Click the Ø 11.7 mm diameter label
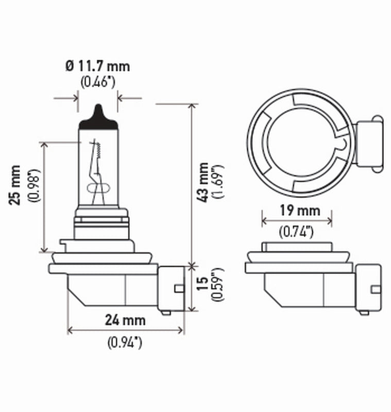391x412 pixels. pyautogui.click(x=97, y=66)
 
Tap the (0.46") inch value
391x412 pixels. pyautogui.click(x=97, y=81)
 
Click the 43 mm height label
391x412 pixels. pyautogui.click(x=204, y=181)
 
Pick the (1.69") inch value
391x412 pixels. pyautogui.click(x=218, y=181)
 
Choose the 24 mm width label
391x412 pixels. pyautogui.click(x=125, y=320)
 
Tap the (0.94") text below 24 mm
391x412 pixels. pyautogui.click(x=125, y=342)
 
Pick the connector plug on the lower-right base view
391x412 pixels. pyautogui.click(x=368, y=287)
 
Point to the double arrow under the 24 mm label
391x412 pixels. pyautogui.click(x=126, y=330)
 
